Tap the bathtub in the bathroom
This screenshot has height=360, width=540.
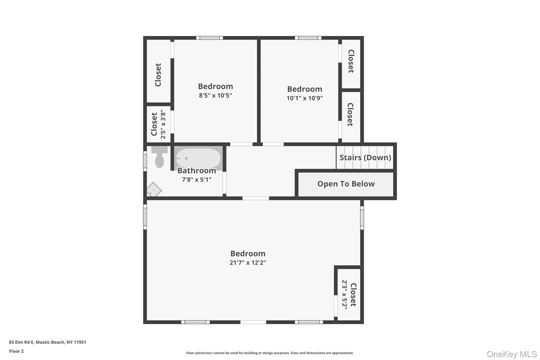coord(198,158)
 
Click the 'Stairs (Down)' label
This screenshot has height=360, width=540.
coord(365,157)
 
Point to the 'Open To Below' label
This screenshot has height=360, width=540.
coord(346,184)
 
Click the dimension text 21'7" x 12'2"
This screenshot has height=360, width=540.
coord(248,263)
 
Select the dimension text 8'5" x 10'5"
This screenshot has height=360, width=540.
coord(215,95)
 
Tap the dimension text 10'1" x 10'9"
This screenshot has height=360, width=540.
coord(305,98)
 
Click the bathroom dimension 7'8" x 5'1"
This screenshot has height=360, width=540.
coord(197,180)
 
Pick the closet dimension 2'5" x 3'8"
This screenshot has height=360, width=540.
coord(163,124)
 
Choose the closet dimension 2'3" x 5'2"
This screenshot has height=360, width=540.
coord(345,293)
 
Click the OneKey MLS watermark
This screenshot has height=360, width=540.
coord(512,354)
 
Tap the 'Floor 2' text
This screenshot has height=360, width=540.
coord(16,351)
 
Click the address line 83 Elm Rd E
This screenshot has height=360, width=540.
coord(47,342)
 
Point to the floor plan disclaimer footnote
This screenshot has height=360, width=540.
coord(270,353)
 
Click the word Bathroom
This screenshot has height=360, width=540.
coord(197,171)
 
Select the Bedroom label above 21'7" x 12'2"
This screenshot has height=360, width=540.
coord(248,253)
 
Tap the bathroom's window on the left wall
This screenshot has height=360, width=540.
coord(145,161)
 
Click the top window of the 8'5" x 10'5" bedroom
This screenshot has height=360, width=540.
coord(210,38)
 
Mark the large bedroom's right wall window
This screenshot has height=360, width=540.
coord(362,218)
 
